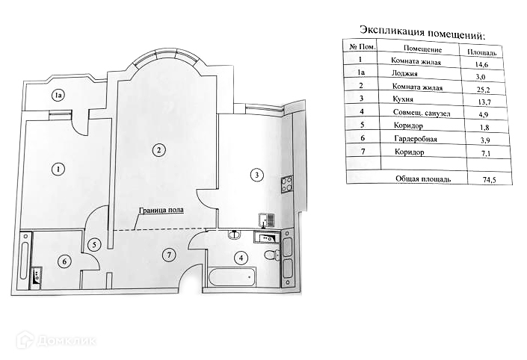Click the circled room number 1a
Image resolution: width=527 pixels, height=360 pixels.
tap(58, 95)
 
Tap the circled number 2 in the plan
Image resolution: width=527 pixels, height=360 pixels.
tap(158, 149)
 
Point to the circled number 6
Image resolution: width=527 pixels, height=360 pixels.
tap(64, 261)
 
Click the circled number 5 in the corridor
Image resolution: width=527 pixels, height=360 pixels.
tap(94, 244)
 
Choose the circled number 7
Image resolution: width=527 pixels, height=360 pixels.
tap(170, 255)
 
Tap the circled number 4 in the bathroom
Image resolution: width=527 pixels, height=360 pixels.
tap(240, 258)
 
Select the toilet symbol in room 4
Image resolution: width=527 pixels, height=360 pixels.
tap(271, 258)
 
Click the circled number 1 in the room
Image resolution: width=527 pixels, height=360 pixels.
tap(58, 169)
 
